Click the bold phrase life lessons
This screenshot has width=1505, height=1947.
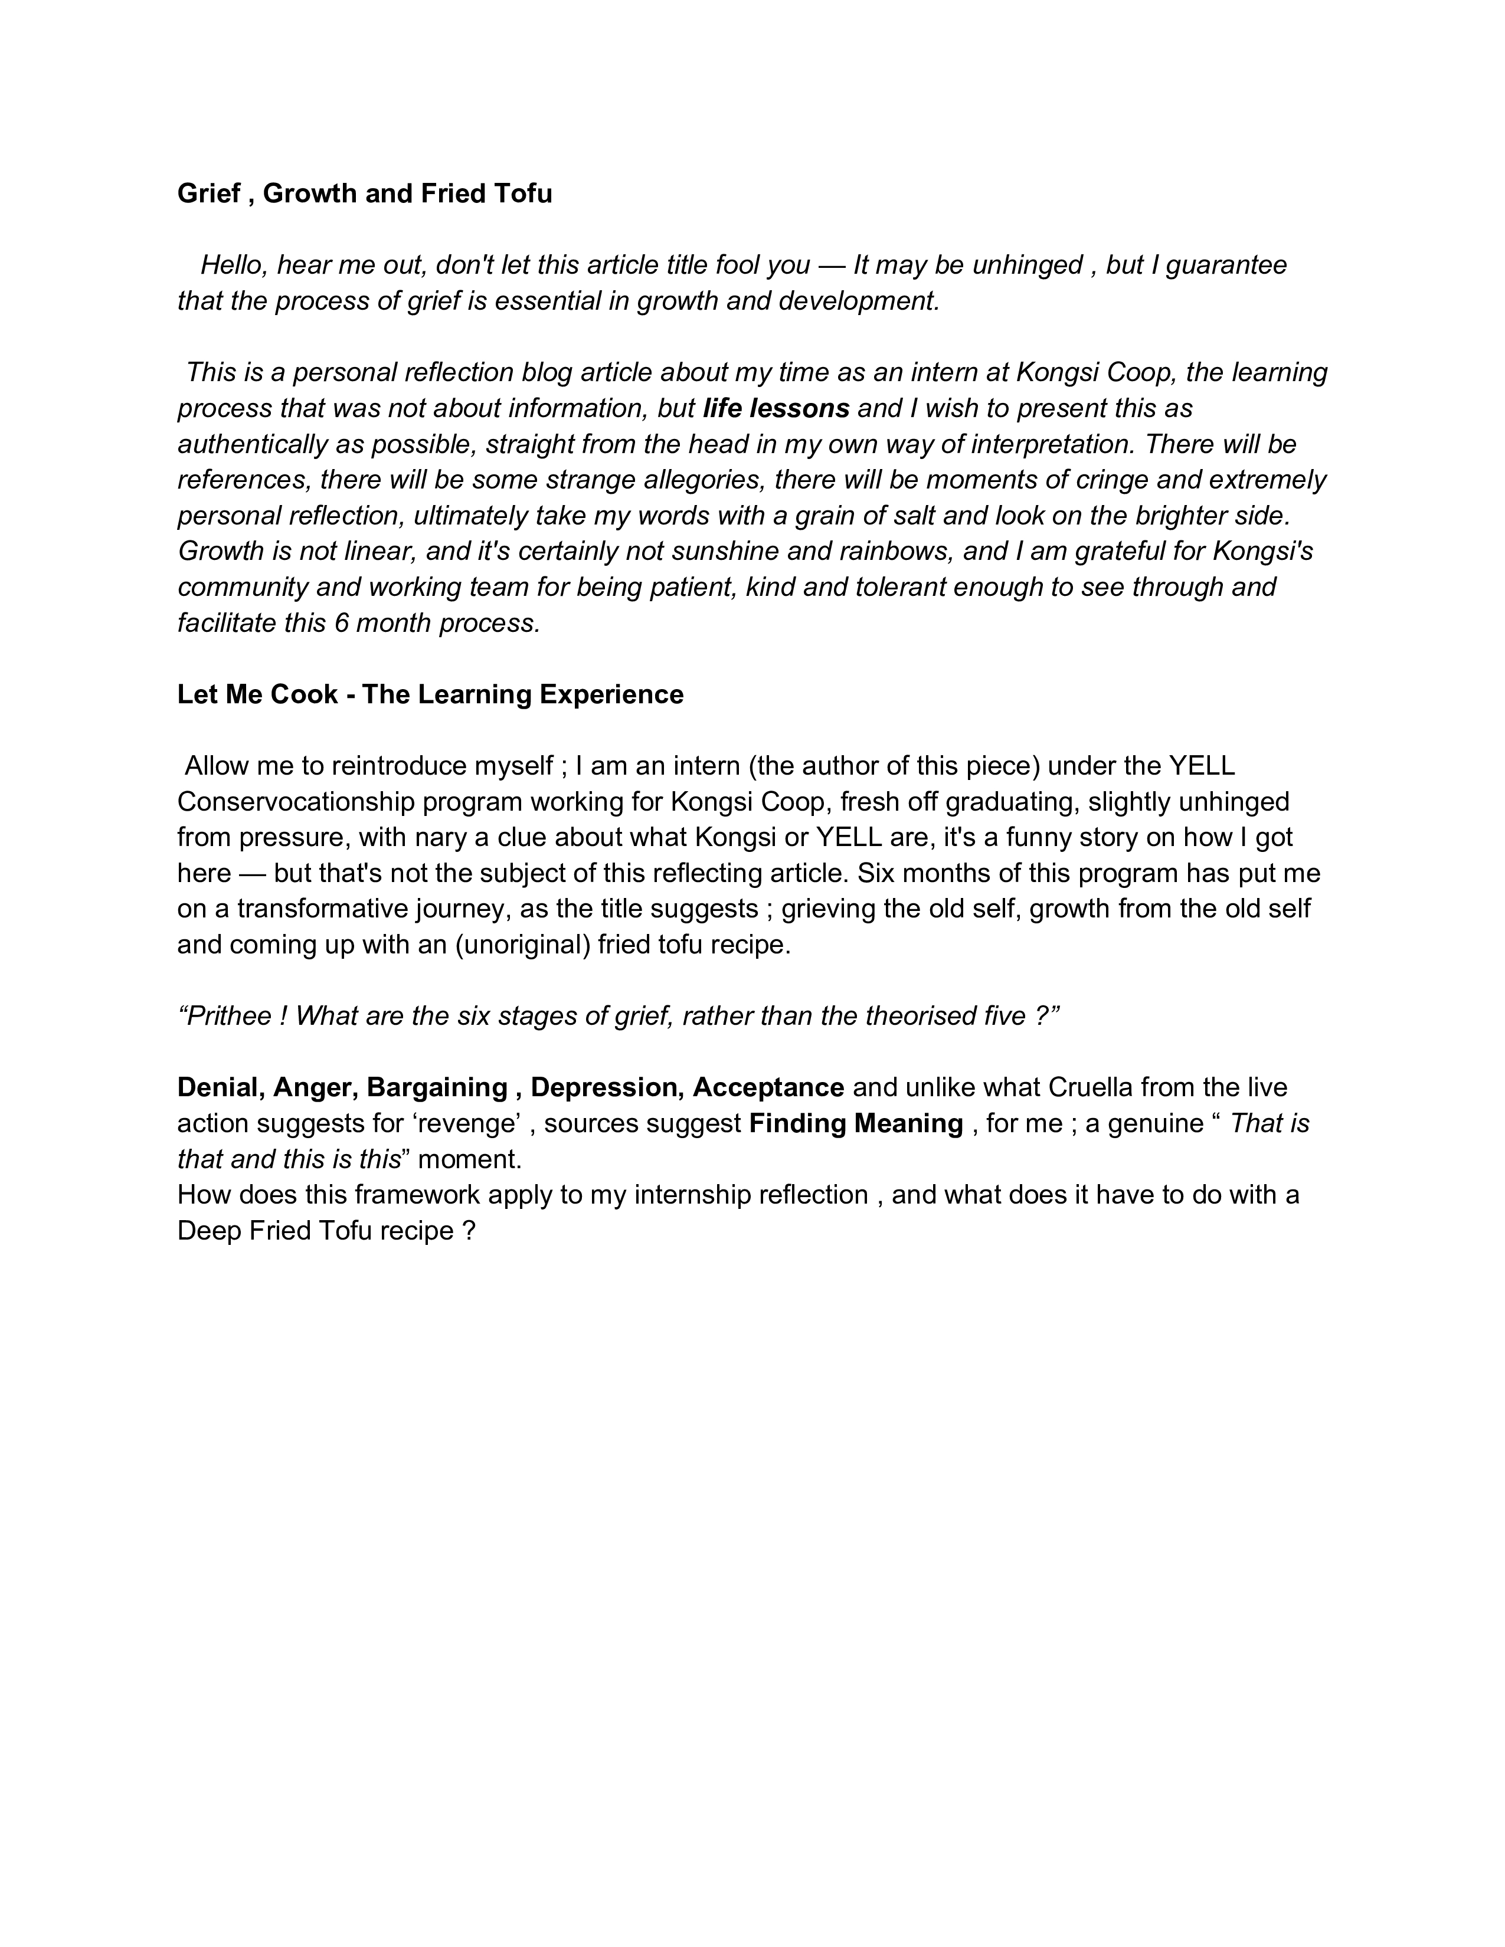(776, 408)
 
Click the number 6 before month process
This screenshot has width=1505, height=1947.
(342, 622)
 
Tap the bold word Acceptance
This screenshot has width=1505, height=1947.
(768, 1087)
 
